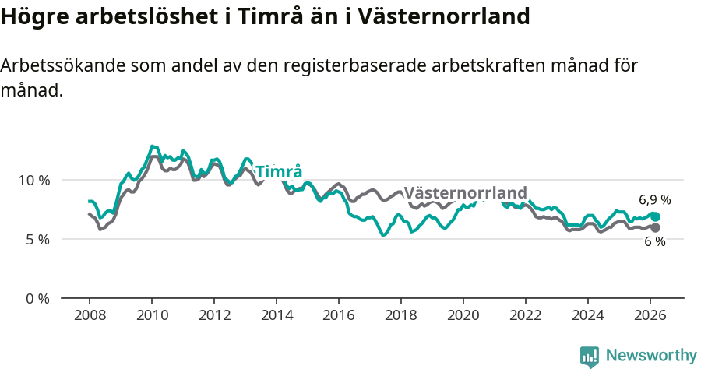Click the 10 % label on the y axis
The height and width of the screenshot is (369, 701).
point(33,180)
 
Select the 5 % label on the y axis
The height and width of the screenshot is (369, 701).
point(37,239)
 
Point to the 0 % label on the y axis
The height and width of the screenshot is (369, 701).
point(37,298)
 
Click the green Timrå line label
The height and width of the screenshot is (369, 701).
point(279,172)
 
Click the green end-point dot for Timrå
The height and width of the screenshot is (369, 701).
point(656,216)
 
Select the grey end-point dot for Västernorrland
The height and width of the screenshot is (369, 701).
point(656,227)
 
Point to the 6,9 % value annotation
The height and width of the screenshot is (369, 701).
point(655,200)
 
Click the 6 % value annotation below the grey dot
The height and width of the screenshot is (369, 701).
point(655,242)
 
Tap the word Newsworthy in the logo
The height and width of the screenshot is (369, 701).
point(651,356)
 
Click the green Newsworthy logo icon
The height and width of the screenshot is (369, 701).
point(590,357)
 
